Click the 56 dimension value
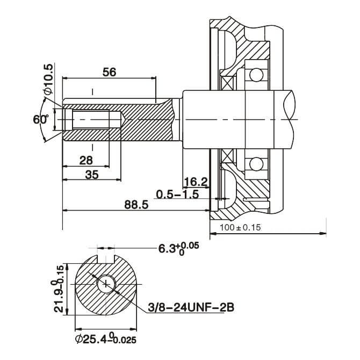click(109, 72)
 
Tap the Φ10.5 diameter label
click(49, 79)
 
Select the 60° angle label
click(40, 119)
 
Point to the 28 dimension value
click(86, 160)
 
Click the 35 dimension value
click(92, 174)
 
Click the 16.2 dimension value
click(196, 182)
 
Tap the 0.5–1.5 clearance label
click(178, 193)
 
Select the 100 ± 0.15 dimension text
click(241, 227)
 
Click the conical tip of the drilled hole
click(123, 119)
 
